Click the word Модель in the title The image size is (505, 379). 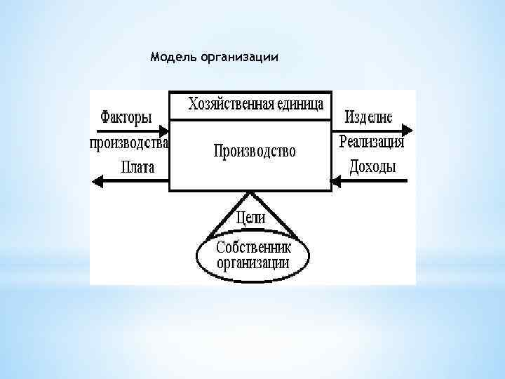(x=173, y=57)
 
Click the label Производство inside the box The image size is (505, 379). (x=255, y=151)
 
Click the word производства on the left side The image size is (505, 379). (x=129, y=143)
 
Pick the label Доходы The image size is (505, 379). (x=372, y=167)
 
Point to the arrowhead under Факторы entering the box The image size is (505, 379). (x=164, y=131)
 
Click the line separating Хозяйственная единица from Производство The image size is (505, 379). (x=250, y=120)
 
